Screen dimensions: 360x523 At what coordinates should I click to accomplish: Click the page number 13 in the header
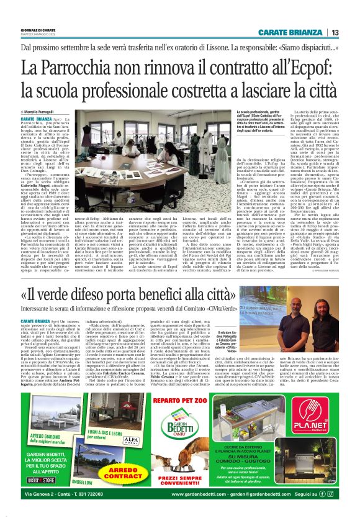[335, 33]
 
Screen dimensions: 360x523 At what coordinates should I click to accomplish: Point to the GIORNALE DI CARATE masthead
[39, 30]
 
